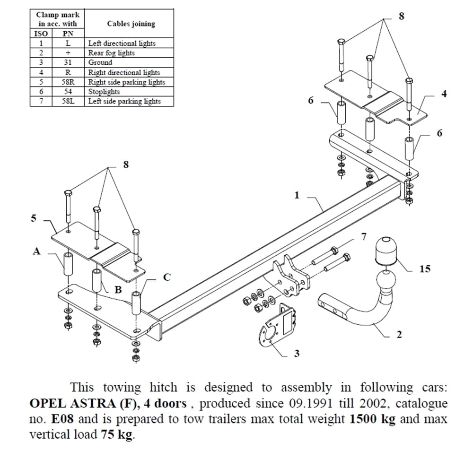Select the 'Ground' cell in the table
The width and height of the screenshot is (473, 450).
(x=100, y=62)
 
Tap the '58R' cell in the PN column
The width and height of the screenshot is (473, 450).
(x=68, y=82)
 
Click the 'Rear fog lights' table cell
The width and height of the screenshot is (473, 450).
(x=111, y=53)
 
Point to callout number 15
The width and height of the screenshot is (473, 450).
(x=425, y=269)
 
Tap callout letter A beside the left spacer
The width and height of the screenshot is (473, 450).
(x=36, y=252)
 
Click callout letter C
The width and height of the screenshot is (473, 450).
(x=166, y=277)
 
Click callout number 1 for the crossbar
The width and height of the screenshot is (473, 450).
(x=297, y=195)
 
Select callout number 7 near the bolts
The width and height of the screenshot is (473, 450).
(x=363, y=237)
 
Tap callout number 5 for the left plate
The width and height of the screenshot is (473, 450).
(x=34, y=218)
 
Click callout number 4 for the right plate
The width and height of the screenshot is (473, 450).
(x=444, y=94)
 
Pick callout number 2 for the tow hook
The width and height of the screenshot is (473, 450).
(x=399, y=335)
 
